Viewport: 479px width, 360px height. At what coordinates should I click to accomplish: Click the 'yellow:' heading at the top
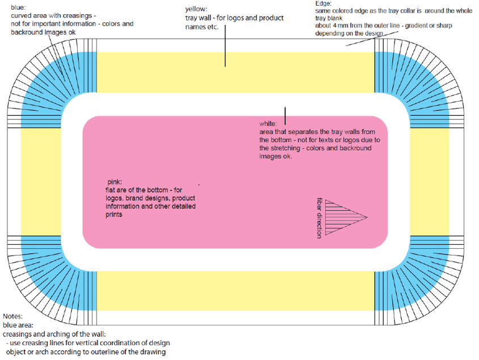[196, 9]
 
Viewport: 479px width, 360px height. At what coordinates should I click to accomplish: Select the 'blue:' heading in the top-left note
[19, 6]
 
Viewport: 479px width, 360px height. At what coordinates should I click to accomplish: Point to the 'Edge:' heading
[324, 3]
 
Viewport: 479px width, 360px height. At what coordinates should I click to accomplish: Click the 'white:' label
[268, 123]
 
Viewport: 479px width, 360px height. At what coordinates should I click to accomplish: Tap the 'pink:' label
[115, 182]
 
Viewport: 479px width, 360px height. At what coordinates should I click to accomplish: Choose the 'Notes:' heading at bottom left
[13, 316]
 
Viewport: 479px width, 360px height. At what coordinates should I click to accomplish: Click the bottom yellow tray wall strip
[236, 291]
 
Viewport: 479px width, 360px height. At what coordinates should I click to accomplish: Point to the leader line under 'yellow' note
[225, 50]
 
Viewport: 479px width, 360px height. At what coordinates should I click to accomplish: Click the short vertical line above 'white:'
[285, 115]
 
